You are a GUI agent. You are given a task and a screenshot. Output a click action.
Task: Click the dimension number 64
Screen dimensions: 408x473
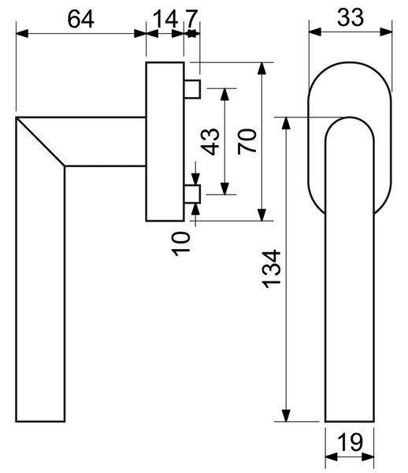[x=81, y=19]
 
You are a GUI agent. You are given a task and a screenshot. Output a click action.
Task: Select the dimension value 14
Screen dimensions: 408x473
[x=165, y=19]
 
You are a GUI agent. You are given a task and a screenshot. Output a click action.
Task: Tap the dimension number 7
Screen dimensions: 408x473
[x=191, y=19]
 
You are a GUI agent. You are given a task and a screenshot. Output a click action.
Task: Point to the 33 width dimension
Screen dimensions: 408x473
[x=351, y=17]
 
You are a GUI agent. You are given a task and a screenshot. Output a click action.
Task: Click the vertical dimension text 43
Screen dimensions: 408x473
[x=210, y=142]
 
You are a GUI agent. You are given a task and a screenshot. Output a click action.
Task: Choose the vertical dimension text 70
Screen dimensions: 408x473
[x=247, y=142]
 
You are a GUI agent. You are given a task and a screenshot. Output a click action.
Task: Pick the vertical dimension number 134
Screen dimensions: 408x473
[x=272, y=269]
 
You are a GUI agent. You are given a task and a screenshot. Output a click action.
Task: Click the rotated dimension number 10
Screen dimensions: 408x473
[x=181, y=244]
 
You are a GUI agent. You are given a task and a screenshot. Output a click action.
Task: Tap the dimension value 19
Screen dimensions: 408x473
[x=351, y=442]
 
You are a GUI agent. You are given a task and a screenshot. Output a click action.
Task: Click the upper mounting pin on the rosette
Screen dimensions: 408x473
[x=192, y=89]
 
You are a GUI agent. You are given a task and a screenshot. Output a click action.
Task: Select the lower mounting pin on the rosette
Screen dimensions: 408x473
[x=192, y=194]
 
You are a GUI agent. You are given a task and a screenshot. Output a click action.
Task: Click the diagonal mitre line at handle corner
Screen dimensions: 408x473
[x=40, y=141]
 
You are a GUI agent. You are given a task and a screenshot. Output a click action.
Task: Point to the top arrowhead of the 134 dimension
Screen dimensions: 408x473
[x=286, y=123]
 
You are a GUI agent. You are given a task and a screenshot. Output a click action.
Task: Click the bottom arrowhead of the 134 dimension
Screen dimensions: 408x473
[x=286, y=415]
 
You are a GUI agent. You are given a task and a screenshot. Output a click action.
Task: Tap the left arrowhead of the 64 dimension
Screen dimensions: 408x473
[x=22, y=33]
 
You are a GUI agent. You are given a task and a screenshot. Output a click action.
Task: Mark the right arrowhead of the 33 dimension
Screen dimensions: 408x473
[x=386, y=32]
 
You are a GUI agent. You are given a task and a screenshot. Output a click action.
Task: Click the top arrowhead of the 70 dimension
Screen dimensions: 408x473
[x=262, y=69]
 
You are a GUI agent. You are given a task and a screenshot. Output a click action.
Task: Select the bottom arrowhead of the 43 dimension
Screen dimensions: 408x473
[x=224, y=188]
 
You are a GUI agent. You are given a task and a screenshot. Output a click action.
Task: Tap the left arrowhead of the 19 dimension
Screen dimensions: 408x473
[x=332, y=457]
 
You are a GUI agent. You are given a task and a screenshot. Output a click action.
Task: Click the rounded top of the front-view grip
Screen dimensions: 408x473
[x=350, y=117]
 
